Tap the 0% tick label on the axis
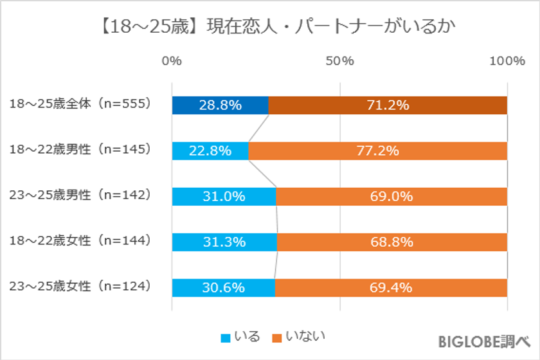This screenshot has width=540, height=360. coord(172,61)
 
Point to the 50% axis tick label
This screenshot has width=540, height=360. coord(339,61)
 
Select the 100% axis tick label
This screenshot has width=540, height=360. coord(507,61)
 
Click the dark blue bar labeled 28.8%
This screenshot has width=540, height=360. coord(220,105)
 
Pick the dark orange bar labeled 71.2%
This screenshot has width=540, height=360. coord(388,105)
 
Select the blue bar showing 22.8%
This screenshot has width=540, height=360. coord(210,151)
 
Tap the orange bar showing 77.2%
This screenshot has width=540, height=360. coord(378,151)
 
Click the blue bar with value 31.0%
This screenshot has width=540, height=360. coord(224,197)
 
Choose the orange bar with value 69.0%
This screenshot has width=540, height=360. coord(392,197)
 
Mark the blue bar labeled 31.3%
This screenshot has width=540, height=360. coord(224,242)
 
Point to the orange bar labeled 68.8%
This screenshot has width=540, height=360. coord(392,242)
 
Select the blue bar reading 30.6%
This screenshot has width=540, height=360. coord(223,288)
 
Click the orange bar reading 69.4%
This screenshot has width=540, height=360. coord(391,288)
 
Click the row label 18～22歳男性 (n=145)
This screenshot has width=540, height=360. coord(80,149)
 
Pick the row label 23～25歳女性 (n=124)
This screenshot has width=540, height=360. coord(80,286)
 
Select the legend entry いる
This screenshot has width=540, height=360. coord(240,336)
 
